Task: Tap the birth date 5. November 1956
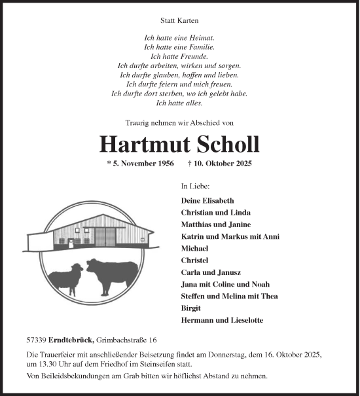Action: click(141, 164)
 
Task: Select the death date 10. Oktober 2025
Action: click(219, 164)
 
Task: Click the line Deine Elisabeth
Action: click(207, 200)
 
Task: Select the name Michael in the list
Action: click(194, 249)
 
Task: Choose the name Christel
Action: click(194, 261)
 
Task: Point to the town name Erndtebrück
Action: click(70, 340)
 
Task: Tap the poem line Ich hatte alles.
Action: click(179, 103)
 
